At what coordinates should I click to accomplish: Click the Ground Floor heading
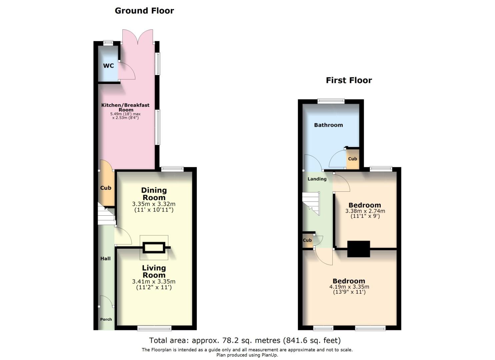pos(144,11)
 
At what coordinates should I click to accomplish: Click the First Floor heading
pos(349,80)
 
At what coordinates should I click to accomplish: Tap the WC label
pos(108,66)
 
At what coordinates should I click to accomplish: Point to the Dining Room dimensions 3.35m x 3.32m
pos(154,204)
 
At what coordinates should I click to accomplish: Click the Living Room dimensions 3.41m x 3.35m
pos(154,282)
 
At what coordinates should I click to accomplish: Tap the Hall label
pos(106,258)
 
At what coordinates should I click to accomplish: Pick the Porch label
pos(106,319)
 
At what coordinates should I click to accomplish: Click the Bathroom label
pos(328,125)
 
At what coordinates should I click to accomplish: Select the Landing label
pos(317,179)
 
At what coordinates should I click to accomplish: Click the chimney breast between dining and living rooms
pos(154,248)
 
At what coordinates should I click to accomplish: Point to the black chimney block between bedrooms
pos(359,249)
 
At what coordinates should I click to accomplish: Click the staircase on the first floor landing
pos(311,203)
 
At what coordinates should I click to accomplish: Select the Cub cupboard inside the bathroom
pos(353,159)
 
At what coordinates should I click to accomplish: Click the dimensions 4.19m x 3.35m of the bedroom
pos(349,287)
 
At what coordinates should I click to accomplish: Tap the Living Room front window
pos(154,328)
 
